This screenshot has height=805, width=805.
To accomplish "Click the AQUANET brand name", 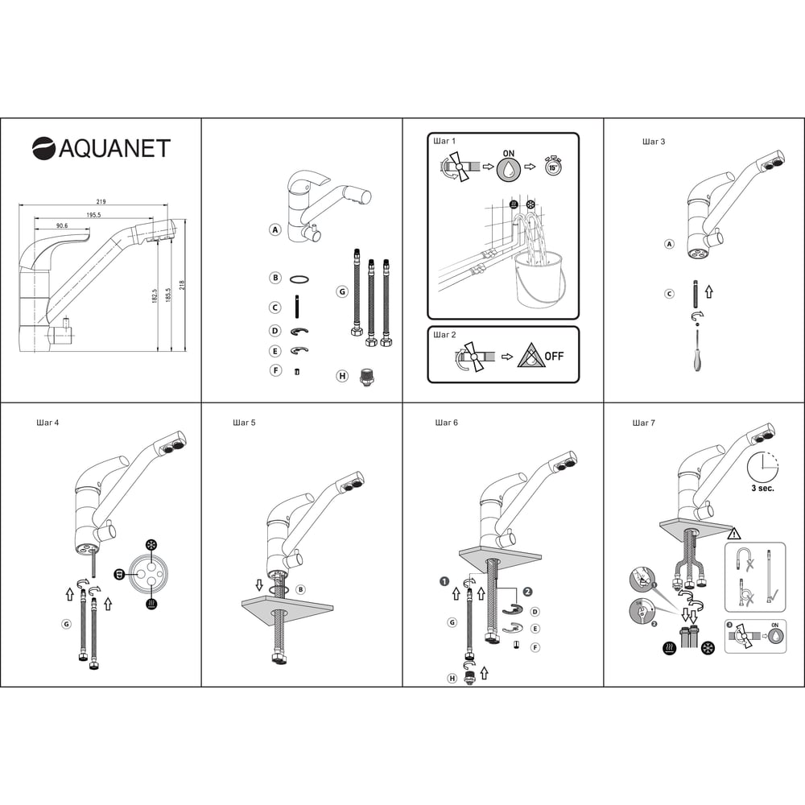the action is coord(114,148).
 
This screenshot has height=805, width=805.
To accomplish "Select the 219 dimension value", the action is coord(101,202).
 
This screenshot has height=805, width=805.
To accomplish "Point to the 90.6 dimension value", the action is coord(62,225).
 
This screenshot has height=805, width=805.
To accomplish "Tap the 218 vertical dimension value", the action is coord(182,285).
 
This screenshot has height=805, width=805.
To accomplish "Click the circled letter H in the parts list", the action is coord(342,376).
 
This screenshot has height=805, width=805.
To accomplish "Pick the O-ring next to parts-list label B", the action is coord(299,280).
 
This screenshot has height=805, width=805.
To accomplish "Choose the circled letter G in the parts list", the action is coord(342,291).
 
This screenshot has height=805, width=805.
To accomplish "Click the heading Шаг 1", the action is coord(444,141).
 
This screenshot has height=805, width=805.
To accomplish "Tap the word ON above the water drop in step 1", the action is coord(508,154).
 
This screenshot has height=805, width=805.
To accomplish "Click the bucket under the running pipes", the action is coord(539,280).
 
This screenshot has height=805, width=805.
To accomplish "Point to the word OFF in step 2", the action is coord(554,356).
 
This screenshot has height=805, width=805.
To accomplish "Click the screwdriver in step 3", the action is coord(696,351).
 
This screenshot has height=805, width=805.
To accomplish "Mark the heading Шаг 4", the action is coord(47,423).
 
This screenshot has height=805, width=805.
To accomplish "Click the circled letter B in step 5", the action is coord(301,589).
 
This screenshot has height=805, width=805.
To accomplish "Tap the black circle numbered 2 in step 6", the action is coord(528,592).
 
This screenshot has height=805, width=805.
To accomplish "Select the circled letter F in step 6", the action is coord(535,647).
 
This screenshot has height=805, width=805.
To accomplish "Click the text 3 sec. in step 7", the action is coord(762,489).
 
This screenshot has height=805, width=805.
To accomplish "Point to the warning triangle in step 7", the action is coord(735,534).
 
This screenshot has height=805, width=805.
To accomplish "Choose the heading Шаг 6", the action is coord(446,423).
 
